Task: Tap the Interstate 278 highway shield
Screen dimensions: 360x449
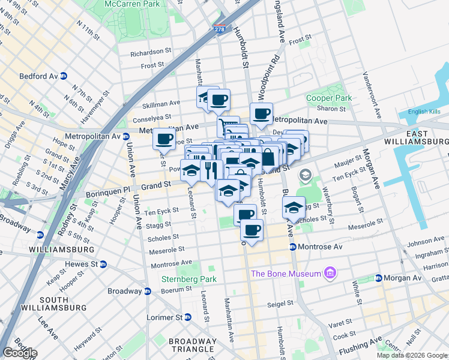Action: (220, 28)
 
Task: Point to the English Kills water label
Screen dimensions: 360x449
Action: (424, 112)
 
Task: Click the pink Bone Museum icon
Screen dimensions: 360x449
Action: (329, 274)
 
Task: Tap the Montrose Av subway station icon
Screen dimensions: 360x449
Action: (292, 247)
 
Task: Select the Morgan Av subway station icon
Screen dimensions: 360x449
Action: (379, 278)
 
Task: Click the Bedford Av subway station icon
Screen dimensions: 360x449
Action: (63, 76)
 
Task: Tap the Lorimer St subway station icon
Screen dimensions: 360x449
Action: (187, 317)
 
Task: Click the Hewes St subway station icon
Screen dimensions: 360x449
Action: (103, 264)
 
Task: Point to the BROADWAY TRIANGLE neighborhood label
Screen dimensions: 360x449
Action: (192, 345)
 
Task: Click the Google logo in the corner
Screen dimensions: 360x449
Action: (19, 353)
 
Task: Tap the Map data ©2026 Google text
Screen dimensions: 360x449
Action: (412, 355)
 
